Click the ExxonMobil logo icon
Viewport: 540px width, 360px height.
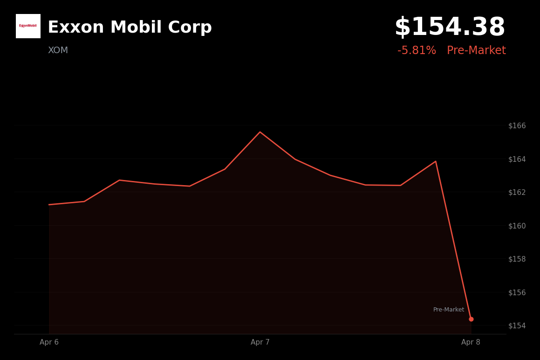[x=28, y=26]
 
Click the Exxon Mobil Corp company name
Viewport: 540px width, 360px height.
[x=130, y=28]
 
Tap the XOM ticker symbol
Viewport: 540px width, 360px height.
[x=58, y=50]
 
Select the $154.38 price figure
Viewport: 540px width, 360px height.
[x=450, y=28]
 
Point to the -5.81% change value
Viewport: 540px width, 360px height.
[x=417, y=51]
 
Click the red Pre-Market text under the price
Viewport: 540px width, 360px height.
[x=476, y=51]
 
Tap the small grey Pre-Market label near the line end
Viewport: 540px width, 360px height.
[x=448, y=310]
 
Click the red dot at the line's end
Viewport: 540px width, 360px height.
[x=471, y=319]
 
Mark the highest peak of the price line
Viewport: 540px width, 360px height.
[x=260, y=132]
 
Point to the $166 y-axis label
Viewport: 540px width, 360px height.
[x=517, y=125]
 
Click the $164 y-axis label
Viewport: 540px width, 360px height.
[x=517, y=159]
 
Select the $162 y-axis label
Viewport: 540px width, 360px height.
[x=517, y=192]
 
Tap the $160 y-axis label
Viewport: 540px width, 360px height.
[x=517, y=226]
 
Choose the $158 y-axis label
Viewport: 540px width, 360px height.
[x=517, y=259]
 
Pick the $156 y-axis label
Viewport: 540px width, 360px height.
[x=517, y=292]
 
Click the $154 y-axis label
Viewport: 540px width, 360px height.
[x=517, y=325]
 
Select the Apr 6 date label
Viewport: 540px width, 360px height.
[x=49, y=342]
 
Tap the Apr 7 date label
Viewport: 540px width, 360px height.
[x=260, y=342]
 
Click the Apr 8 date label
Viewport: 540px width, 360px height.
[x=471, y=342]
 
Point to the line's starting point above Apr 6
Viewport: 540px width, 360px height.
[x=49, y=204]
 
